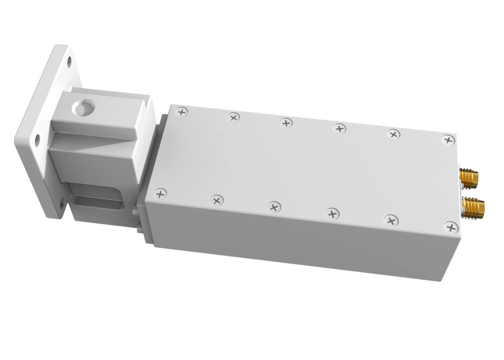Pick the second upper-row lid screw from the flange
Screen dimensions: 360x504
234,117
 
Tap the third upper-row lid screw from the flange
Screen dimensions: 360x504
285,122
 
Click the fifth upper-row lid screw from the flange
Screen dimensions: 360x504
393,134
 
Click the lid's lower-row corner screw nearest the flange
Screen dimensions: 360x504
160,193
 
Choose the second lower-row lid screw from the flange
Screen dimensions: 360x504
216,200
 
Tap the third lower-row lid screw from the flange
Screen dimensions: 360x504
273,207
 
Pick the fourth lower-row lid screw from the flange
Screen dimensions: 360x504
332,213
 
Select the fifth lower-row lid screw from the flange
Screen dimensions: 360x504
391,220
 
